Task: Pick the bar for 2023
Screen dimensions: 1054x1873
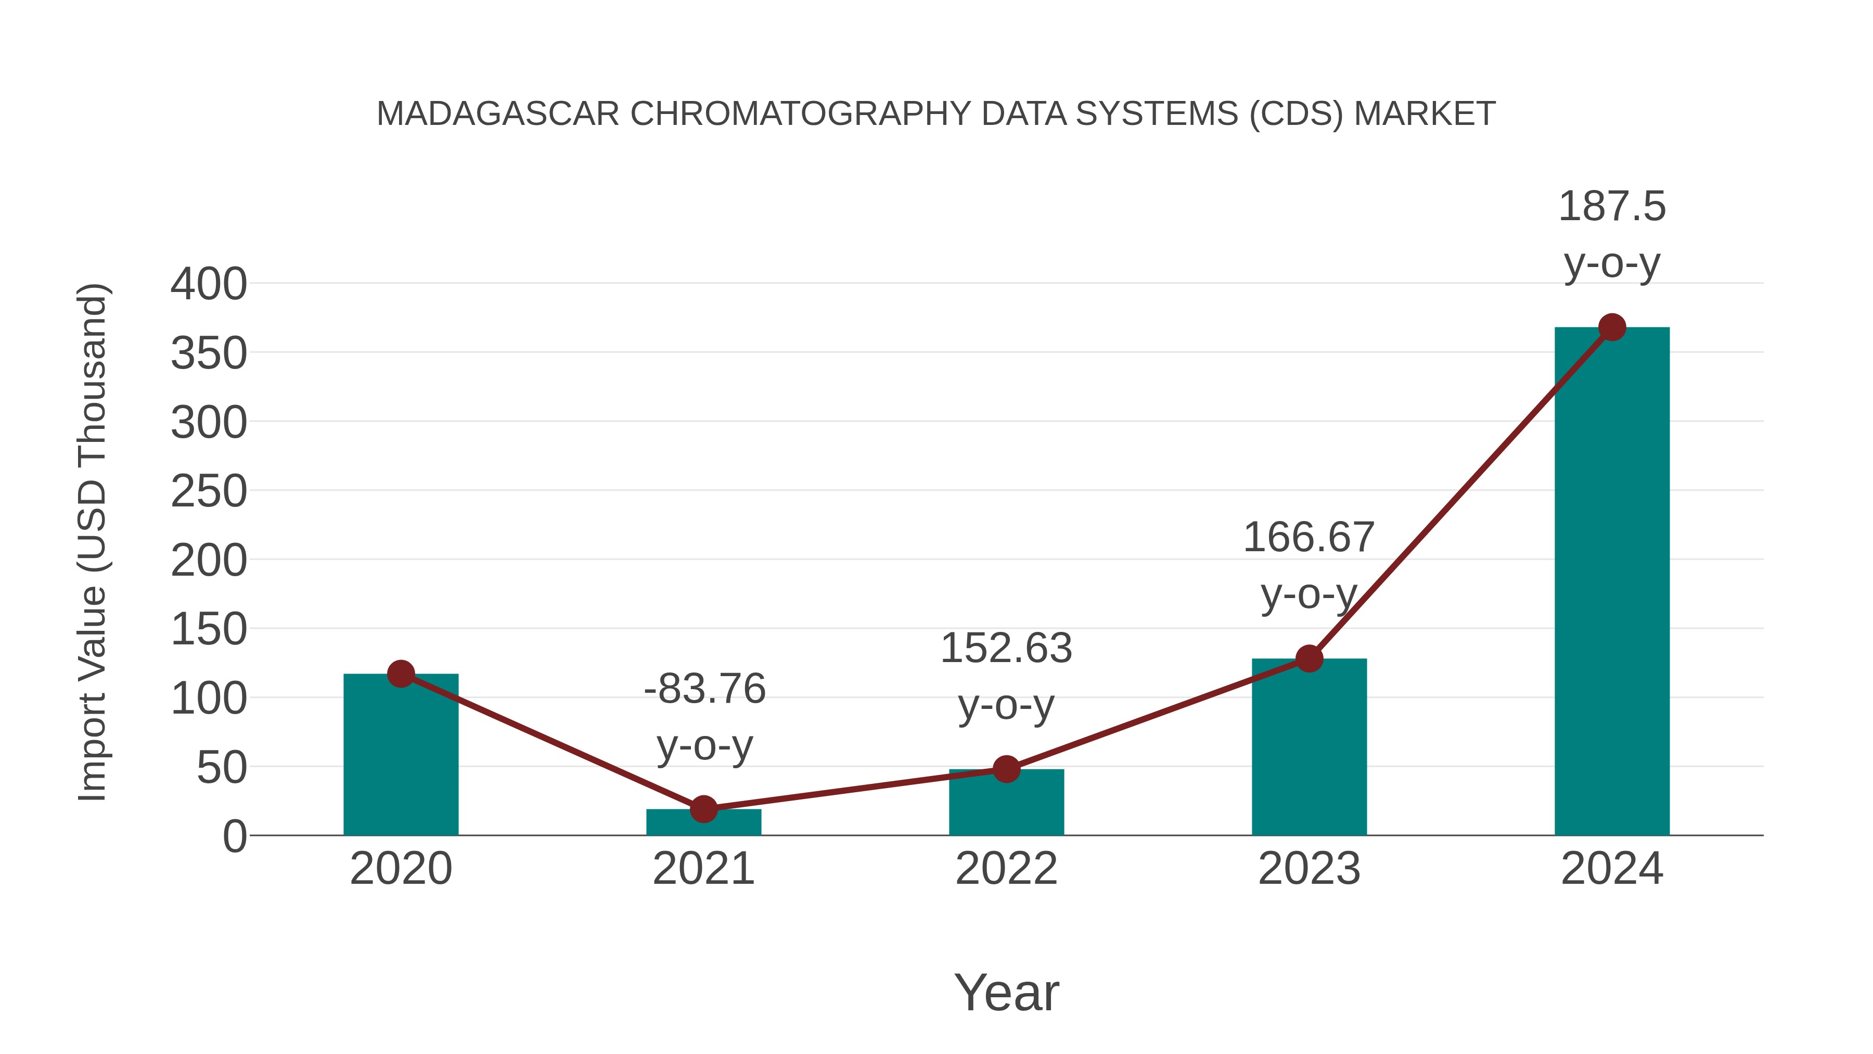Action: [x=1309, y=749]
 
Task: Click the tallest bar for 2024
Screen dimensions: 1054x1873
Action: [x=1612, y=582]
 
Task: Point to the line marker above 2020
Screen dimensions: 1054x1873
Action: [x=401, y=674]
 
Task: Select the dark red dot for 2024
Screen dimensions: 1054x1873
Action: [x=1612, y=327]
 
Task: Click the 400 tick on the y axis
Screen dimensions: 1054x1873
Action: [x=209, y=284]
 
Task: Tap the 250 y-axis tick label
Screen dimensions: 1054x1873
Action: [x=209, y=492]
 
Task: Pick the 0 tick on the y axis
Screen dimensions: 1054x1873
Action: [x=235, y=836]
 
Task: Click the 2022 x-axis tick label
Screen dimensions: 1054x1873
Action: [x=1006, y=869]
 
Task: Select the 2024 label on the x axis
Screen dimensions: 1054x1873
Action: [x=1612, y=869]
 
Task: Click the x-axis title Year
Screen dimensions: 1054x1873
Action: [x=1006, y=992]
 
